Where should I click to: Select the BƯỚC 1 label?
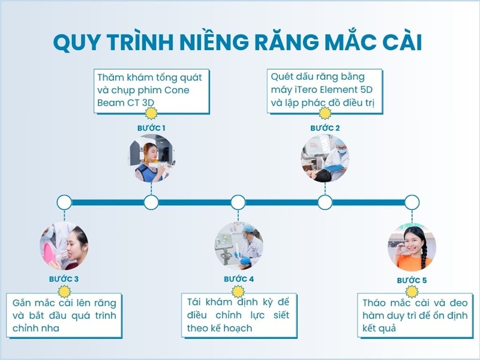point(151,128)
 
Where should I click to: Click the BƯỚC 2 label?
point(325,128)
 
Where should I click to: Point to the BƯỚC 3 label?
point(64,279)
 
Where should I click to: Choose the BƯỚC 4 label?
point(238,279)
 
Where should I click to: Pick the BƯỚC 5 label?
point(412,280)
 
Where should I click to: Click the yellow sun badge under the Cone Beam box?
point(151,113)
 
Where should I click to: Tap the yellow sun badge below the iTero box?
point(325,113)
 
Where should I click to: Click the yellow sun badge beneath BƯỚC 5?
point(412,292)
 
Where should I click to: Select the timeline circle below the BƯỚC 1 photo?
point(151,202)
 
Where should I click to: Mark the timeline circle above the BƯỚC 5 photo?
point(412,202)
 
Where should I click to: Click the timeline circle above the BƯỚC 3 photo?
point(64,202)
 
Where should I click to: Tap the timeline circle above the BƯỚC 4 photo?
point(238,202)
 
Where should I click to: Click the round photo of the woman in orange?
point(412,247)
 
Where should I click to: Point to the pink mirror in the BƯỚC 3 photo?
point(49,253)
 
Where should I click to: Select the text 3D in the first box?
point(148,103)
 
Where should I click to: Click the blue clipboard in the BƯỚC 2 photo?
point(334,168)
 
